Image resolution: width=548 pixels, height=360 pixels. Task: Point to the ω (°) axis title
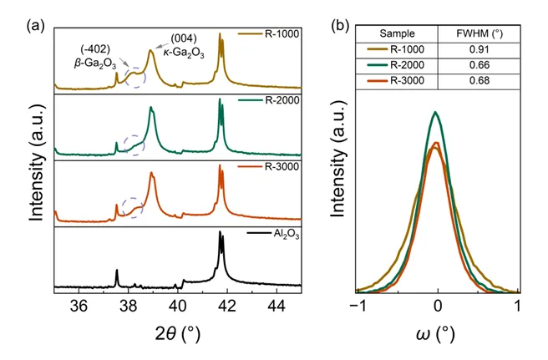pos(436,335)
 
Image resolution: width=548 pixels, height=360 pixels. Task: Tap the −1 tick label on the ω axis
pos(357,307)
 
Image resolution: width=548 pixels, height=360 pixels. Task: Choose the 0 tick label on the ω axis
pos(438,307)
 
